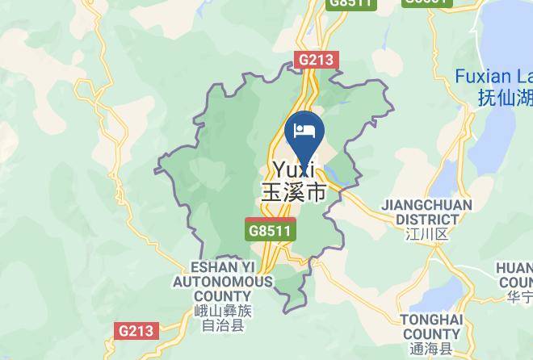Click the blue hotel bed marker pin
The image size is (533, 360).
tap(304, 132)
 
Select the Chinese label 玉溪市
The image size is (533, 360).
tap(293, 193)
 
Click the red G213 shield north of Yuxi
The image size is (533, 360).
tap(317, 60)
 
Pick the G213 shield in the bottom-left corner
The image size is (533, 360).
tap(136, 330)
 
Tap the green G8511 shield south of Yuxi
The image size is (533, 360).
tap(271, 230)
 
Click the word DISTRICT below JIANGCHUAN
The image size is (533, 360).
tap(428, 219)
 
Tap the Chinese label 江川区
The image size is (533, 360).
tap(427, 234)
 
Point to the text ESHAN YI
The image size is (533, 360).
tap(222, 267)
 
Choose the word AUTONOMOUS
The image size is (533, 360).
tap(222, 282)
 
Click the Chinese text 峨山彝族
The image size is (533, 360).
tap(223, 312)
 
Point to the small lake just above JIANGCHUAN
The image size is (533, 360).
tap(449, 174)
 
